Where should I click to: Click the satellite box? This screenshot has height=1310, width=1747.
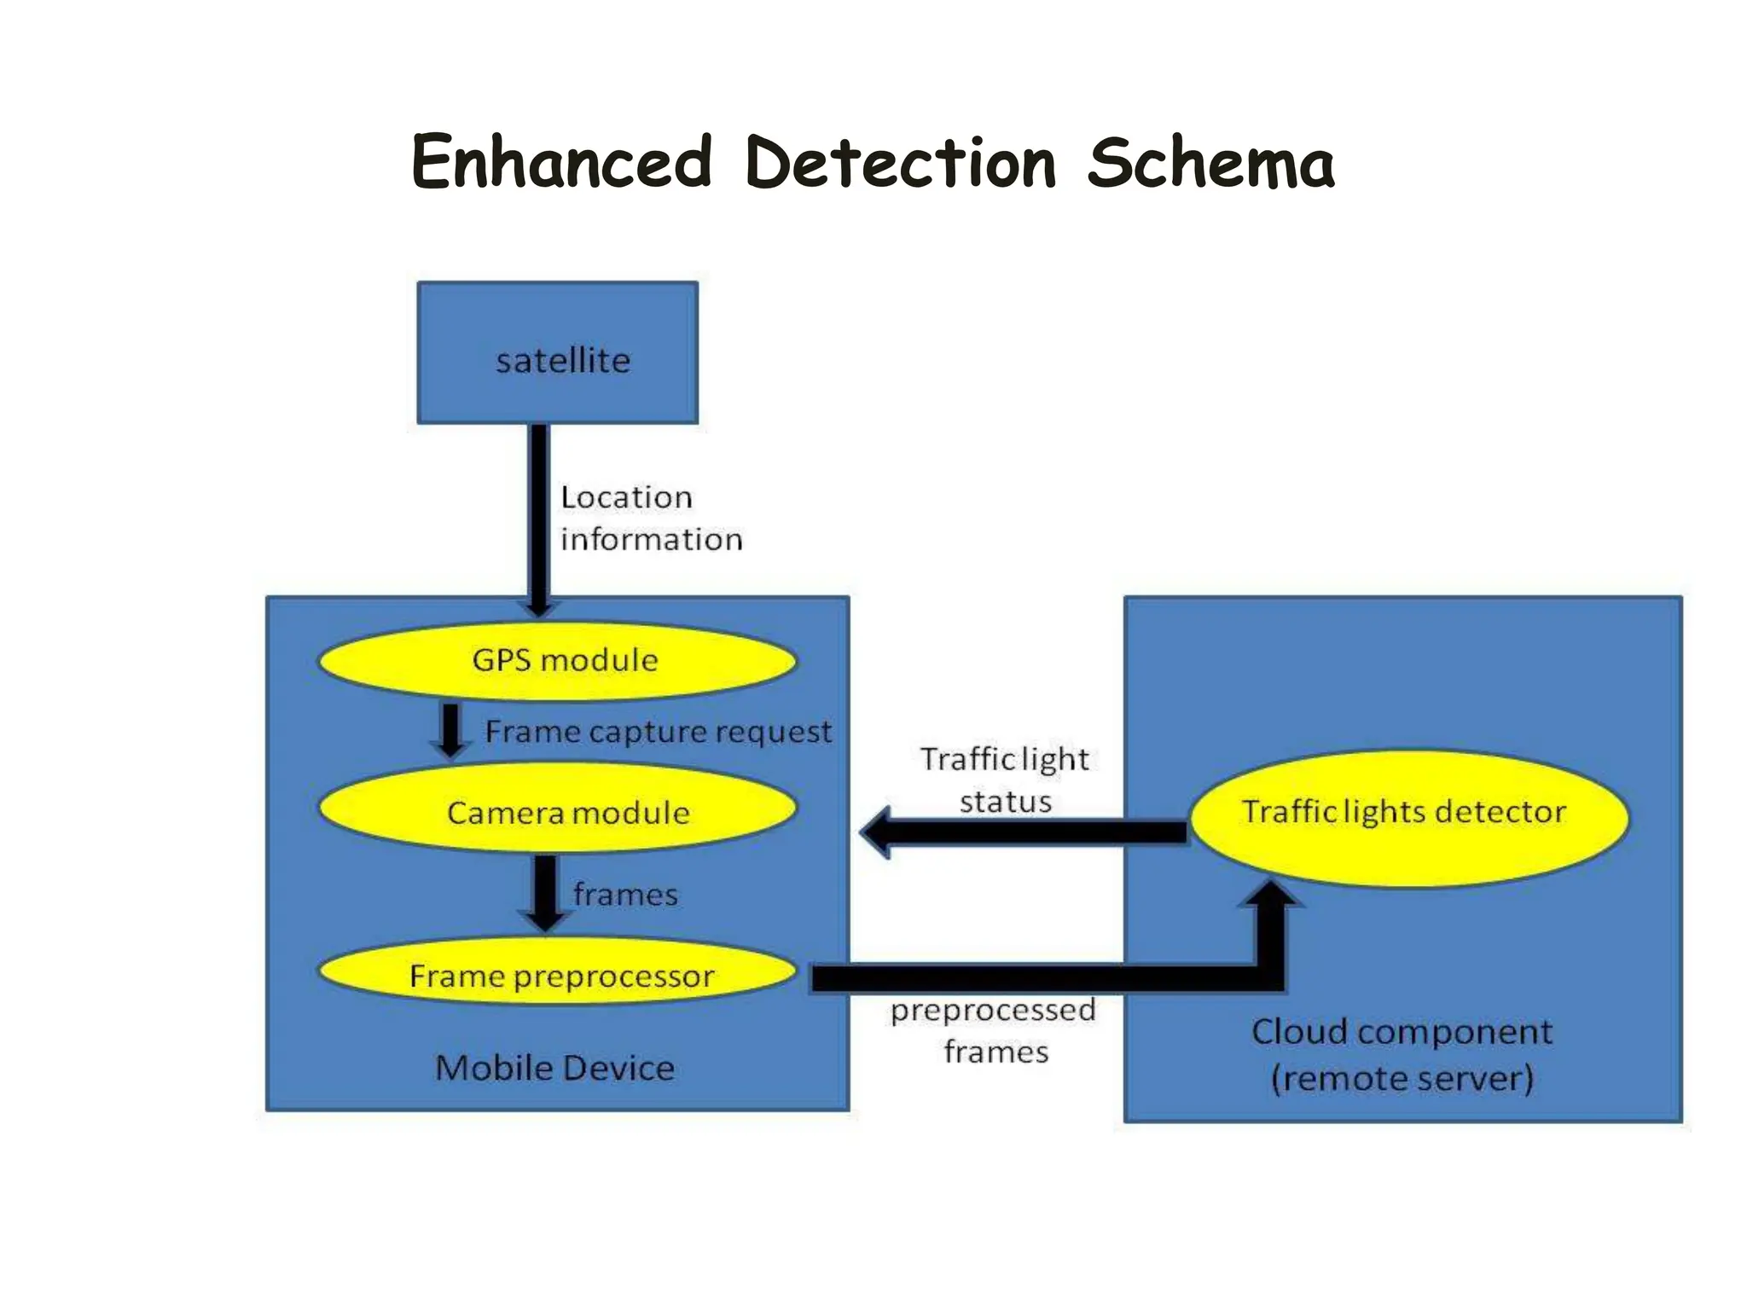click(557, 352)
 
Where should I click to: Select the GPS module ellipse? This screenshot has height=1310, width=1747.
click(557, 661)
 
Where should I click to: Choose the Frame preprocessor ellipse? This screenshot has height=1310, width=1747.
click(557, 973)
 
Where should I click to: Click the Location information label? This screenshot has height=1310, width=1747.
click(650, 518)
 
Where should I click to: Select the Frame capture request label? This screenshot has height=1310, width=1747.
click(658, 732)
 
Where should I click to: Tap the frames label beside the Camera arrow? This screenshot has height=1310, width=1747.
click(625, 895)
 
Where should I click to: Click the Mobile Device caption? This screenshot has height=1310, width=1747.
click(554, 1068)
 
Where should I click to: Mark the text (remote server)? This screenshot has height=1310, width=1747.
click(1402, 1078)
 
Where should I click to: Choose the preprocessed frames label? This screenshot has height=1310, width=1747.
click(994, 1030)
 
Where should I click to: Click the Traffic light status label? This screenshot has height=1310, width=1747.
click(1005, 780)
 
